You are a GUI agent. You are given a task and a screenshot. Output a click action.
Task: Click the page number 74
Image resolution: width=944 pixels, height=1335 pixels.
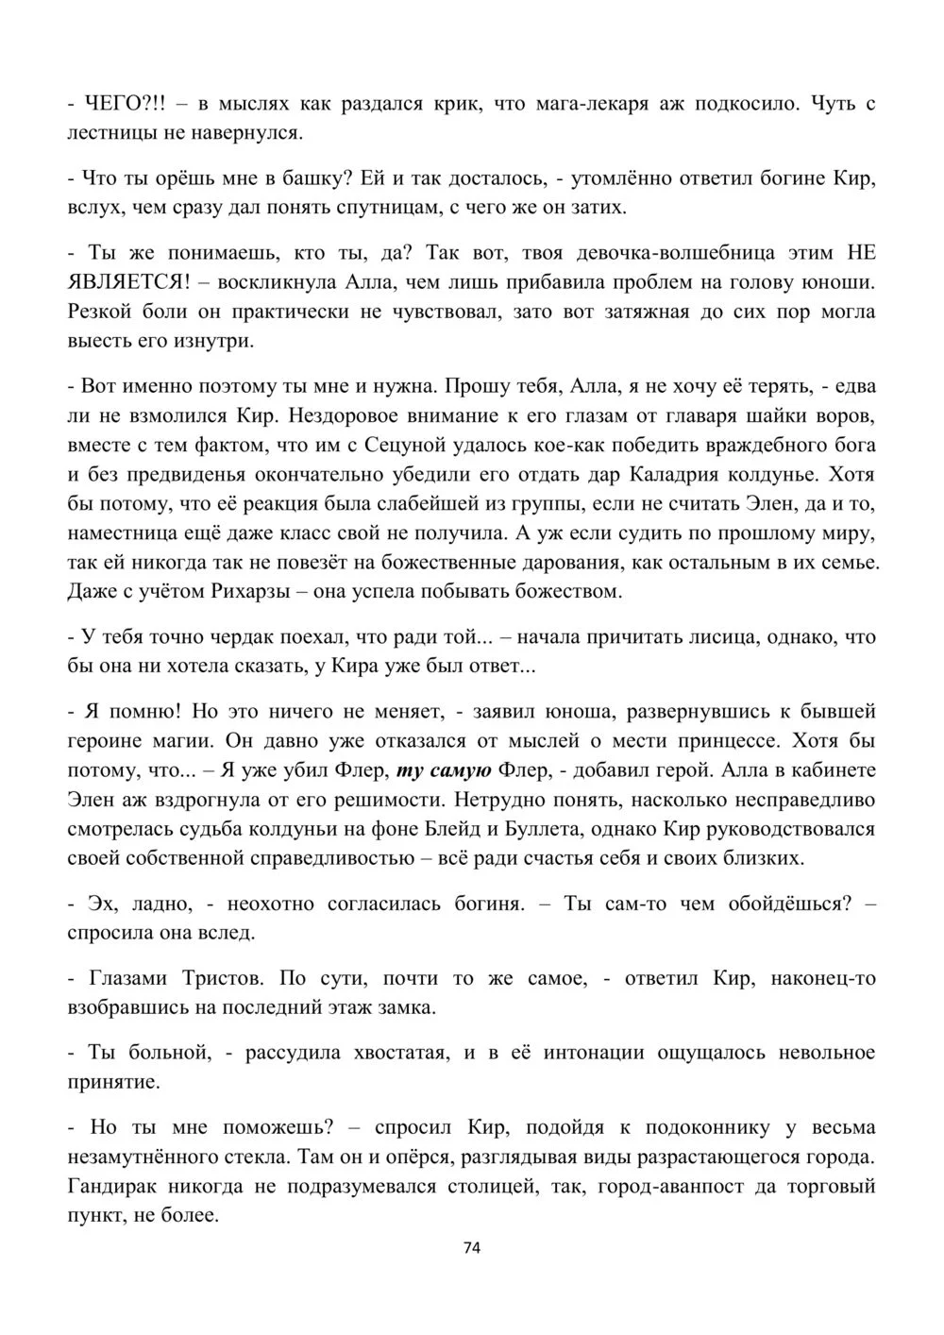[x=473, y=1247]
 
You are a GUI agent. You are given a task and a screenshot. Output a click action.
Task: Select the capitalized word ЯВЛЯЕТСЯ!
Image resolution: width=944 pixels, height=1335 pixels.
[x=128, y=281]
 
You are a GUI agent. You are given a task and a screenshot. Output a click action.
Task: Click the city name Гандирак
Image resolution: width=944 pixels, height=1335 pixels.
[x=114, y=1186]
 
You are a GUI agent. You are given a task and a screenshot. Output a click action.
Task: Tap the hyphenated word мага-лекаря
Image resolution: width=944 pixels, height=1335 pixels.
[x=592, y=104]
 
